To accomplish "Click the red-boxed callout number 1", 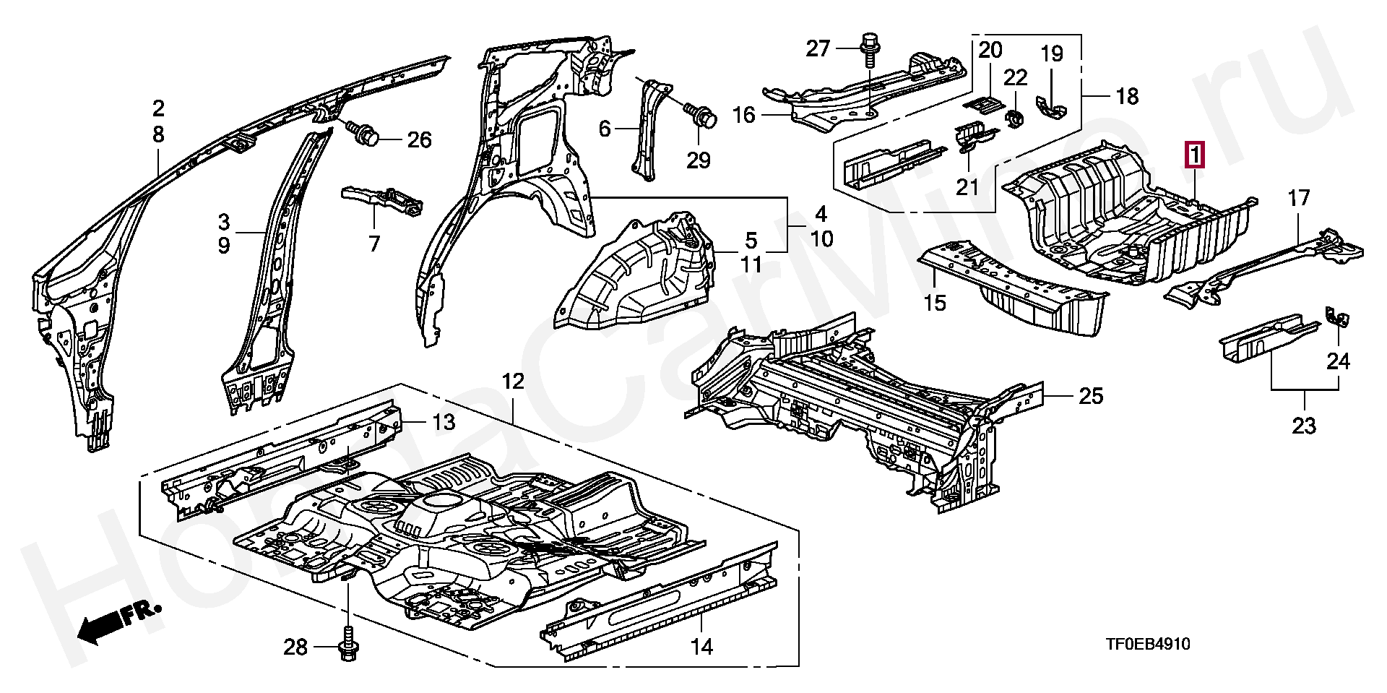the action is [x=1194, y=155].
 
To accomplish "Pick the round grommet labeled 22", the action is [x=1014, y=118].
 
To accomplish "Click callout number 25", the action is [x=1091, y=396].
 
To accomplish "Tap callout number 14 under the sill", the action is [x=701, y=646].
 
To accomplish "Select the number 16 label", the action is [x=745, y=115].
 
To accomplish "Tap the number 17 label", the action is [x=1299, y=197].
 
